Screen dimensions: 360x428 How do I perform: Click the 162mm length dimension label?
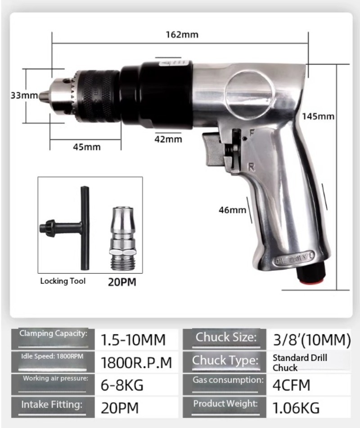[x=182, y=35]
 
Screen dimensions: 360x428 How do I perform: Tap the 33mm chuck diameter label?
[x=24, y=95]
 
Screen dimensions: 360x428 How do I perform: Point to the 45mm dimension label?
[x=87, y=147]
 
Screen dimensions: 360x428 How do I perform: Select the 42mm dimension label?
[x=168, y=139]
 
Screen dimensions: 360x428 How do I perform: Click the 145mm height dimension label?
[x=318, y=116]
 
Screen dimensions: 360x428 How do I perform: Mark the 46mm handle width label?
[x=232, y=210]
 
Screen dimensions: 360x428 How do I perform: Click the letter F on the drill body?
[x=252, y=133]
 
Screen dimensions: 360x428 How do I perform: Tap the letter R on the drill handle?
[x=251, y=167]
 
